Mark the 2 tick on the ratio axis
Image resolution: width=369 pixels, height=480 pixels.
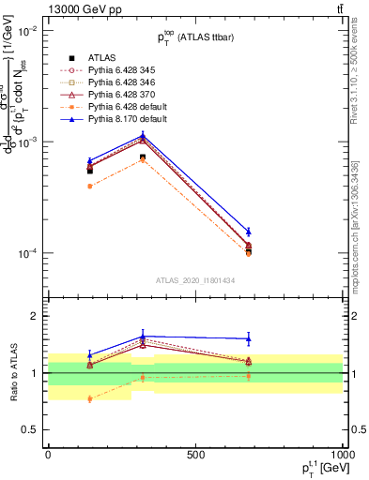point(38,316)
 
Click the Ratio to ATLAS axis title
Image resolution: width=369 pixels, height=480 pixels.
point(12,373)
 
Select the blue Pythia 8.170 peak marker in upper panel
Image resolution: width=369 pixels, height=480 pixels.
point(143,135)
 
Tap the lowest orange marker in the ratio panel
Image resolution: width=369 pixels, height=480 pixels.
point(90,398)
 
